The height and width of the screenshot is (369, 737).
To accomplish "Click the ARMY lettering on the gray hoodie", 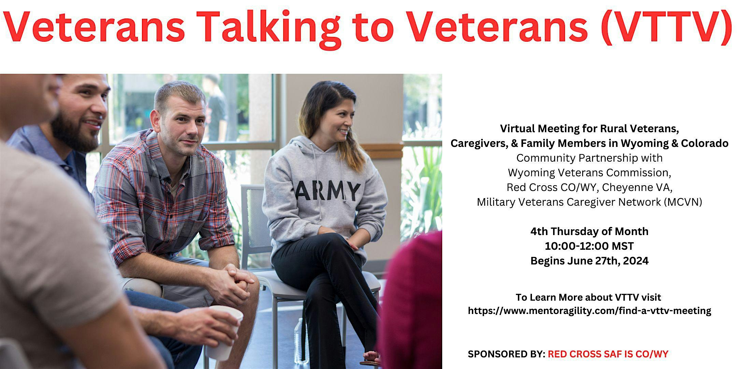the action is click(328, 191).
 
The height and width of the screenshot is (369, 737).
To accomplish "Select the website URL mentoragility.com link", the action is click(590, 311).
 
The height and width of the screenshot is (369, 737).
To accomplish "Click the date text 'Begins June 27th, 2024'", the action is click(589, 261).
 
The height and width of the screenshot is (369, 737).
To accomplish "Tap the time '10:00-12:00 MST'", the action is click(589, 246).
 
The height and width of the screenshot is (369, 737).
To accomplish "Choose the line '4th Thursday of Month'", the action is click(589, 231).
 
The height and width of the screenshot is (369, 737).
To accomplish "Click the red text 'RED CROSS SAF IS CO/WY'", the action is click(608, 354).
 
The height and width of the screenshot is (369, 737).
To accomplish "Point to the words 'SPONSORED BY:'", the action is click(506, 354).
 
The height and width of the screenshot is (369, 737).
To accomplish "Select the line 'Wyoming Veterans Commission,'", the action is click(589, 173).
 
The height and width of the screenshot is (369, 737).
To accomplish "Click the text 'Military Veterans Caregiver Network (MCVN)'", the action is click(589, 202).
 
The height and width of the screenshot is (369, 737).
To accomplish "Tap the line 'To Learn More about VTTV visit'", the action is click(588, 297).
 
